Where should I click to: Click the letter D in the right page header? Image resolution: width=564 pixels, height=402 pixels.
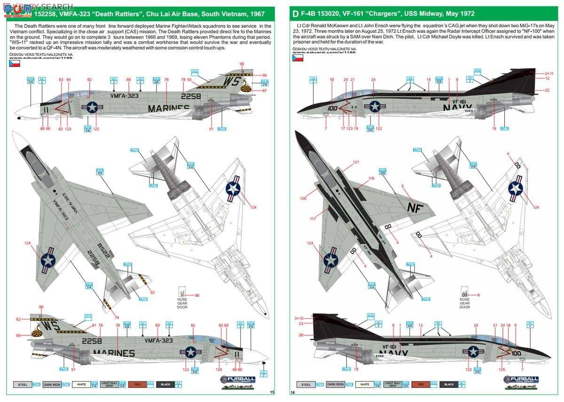[294, 14]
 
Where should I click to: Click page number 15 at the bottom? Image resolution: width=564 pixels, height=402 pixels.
[272, 392]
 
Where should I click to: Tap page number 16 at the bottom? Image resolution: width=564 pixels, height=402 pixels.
[293, 392]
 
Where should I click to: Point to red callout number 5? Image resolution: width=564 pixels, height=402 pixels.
[402, 186]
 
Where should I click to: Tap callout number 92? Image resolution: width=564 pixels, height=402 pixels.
[152, 293]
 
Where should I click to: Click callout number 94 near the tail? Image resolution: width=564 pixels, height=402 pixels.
[265, 75]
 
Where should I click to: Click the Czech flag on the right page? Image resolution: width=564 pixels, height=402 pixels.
[298, 59]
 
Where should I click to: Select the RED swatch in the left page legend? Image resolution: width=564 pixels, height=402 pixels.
[137, 385]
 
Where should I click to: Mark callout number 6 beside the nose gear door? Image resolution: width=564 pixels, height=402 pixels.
[478, 295]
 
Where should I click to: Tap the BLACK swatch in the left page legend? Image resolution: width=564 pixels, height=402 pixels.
[166, 385]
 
